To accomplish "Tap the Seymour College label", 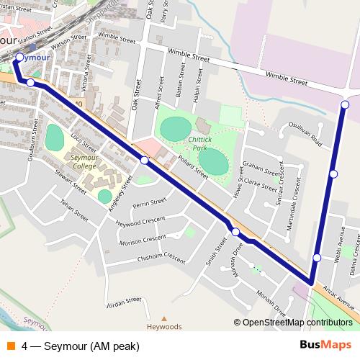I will click(x=84, y=161).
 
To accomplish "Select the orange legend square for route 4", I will click(x=10, y=346).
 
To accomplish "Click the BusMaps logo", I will click(x=325, y=346).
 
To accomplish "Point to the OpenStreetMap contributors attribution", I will click(x=297, y=323).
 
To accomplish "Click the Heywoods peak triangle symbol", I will click(x=163, y=318).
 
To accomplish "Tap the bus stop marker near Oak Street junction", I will click(x=144, y=160).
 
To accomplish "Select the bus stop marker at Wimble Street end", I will click(x=345, y=105).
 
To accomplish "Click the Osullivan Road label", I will click(x=305, y=133).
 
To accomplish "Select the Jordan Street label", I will click(x=123, y=301).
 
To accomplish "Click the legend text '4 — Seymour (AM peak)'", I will click(x=81, y=346).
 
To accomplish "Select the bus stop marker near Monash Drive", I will click(x=235, y=231).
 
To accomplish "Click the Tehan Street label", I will click(x=73, y=210).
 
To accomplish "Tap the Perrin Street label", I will click(x=150, y=204).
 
